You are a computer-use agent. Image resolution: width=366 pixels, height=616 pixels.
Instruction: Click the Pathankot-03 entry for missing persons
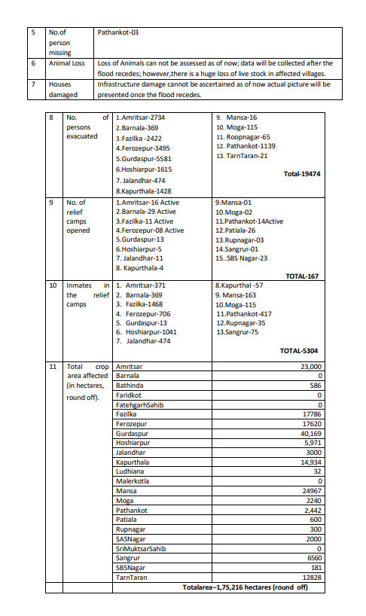tap(118, 33)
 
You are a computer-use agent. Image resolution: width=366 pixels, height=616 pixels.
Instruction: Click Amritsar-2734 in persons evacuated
tap(141, 118)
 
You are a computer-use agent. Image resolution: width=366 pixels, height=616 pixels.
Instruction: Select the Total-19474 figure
tap(302, 173)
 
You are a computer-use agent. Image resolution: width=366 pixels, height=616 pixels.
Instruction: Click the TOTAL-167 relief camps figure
tap(305, 276)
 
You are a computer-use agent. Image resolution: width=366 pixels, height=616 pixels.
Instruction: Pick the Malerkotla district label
tap(133, 481)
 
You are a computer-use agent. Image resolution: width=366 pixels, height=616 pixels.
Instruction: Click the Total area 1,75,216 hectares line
tap(246, 587)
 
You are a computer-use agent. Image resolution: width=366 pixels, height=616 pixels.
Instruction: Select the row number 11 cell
tap(53, 367)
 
